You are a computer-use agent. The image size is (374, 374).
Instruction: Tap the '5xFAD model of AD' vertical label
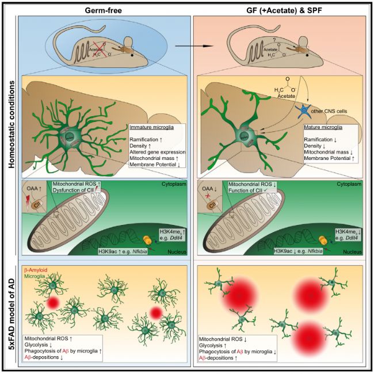(x=10, y=314)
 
